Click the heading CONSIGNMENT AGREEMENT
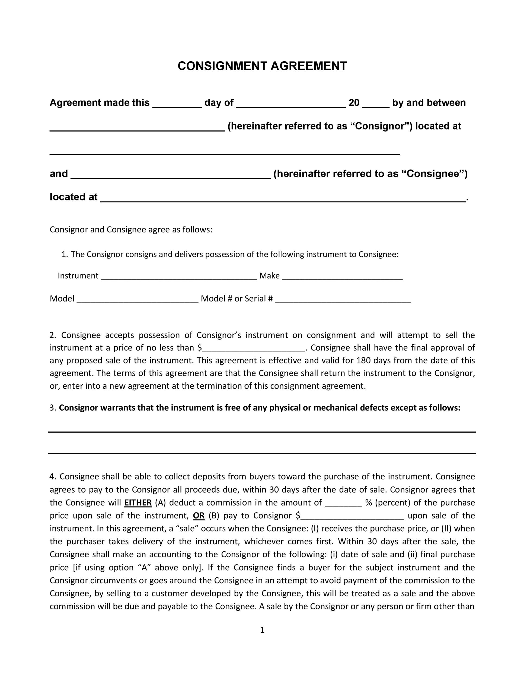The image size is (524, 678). tap(262, 66)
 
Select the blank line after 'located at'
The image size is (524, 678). tap(283, 199)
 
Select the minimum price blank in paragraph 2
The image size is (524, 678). tap(254, 350)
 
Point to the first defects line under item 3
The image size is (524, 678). tap(262, 432)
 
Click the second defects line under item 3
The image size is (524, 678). tap(262, 453)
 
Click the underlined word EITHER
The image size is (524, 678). tap(138, 503)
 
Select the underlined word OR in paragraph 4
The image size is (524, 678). tap(199, 516)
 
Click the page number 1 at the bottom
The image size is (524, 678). tap(262, 630)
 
